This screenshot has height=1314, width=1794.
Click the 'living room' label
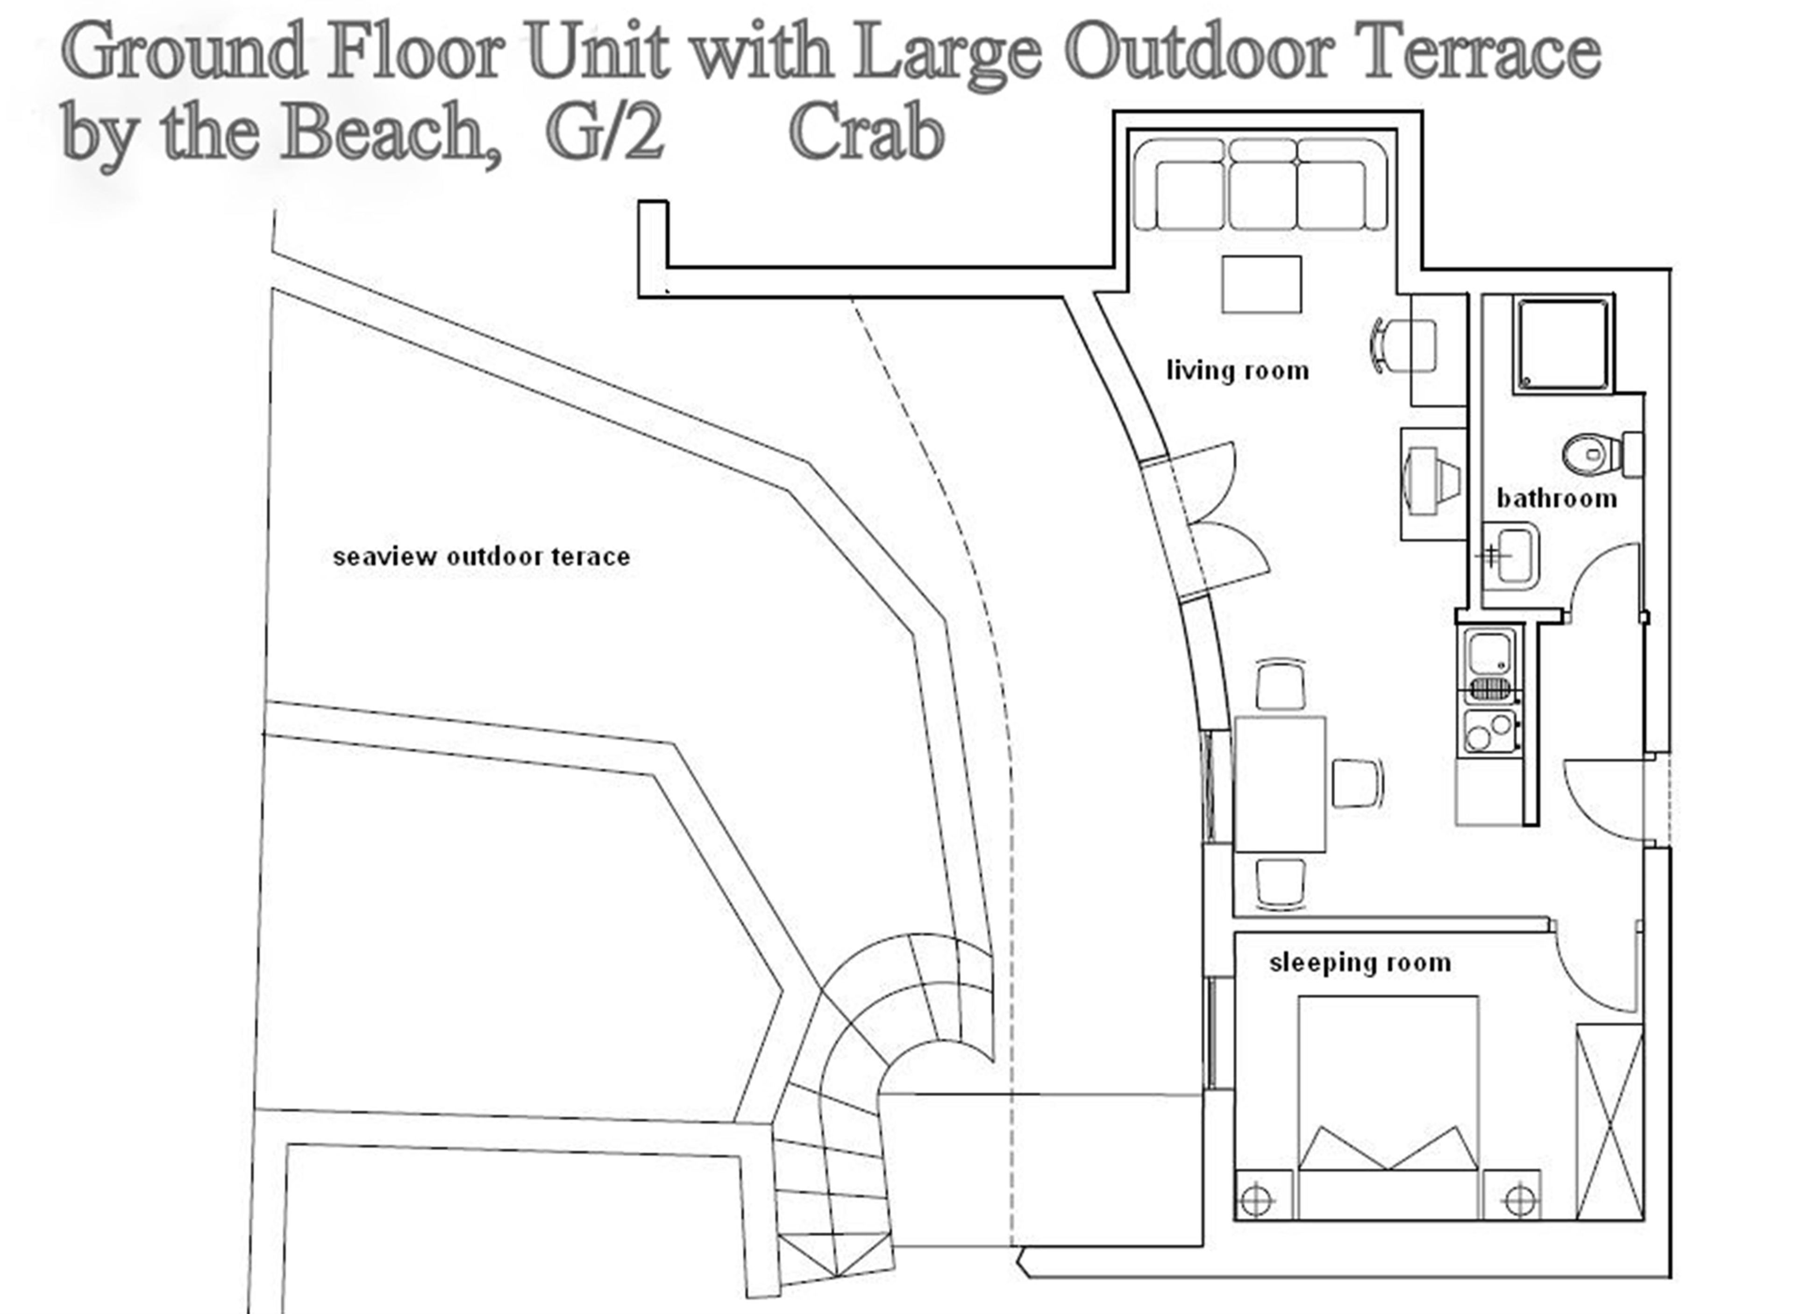[x=1237, y=371]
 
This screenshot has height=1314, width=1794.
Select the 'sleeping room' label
[x=1360, y=963]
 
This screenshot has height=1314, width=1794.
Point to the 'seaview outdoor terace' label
[x=481, y=556]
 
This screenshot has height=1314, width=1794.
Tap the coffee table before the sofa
[x=1262, y=284]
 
